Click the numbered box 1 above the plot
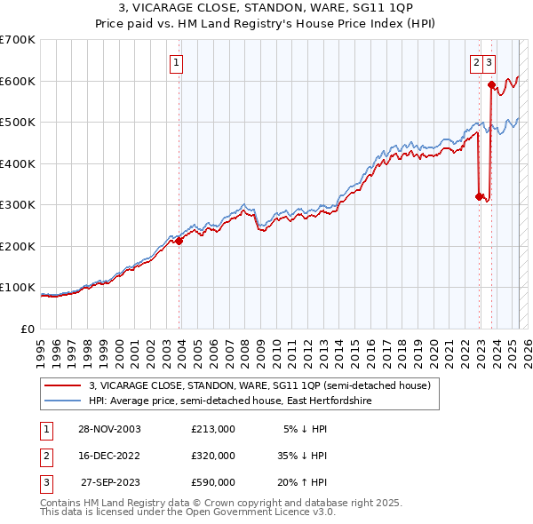coord(178,62)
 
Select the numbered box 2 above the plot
coord(477,62)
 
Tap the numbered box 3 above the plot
coord(490,62)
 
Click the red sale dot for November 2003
coord(179,241)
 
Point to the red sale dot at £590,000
coord(491,84)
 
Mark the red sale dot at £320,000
coord(479,196)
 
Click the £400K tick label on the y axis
coord(18,163)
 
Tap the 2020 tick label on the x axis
coord(433,346)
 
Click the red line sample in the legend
coord(62,385)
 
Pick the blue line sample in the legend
coord(62,401)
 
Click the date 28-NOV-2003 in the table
coord(109,429)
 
